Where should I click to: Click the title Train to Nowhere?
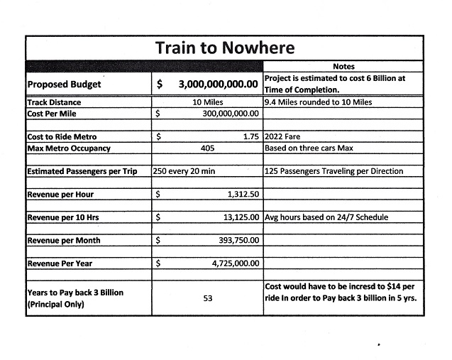click(x=224, y=48)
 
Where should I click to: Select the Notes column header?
click(x=343, y=67)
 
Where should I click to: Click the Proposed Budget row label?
click(x=64, y=84)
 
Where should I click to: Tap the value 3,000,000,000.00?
click(x=218, y=84)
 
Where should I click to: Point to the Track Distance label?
click(x=53, y=102)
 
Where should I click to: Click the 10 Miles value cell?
click(x=208, y=102)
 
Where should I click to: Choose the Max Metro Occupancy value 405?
click(x=208, y=148)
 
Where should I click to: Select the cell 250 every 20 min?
click(x=187, y=171)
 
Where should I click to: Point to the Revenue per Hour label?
click(x=60, y=195)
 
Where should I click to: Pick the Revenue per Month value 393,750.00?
click(x=238, y=241)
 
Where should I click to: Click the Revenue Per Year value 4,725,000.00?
click(x=235, y=263)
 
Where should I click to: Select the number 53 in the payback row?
click(x=208, y=298)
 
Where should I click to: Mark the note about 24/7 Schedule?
click(x=327, y=217)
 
